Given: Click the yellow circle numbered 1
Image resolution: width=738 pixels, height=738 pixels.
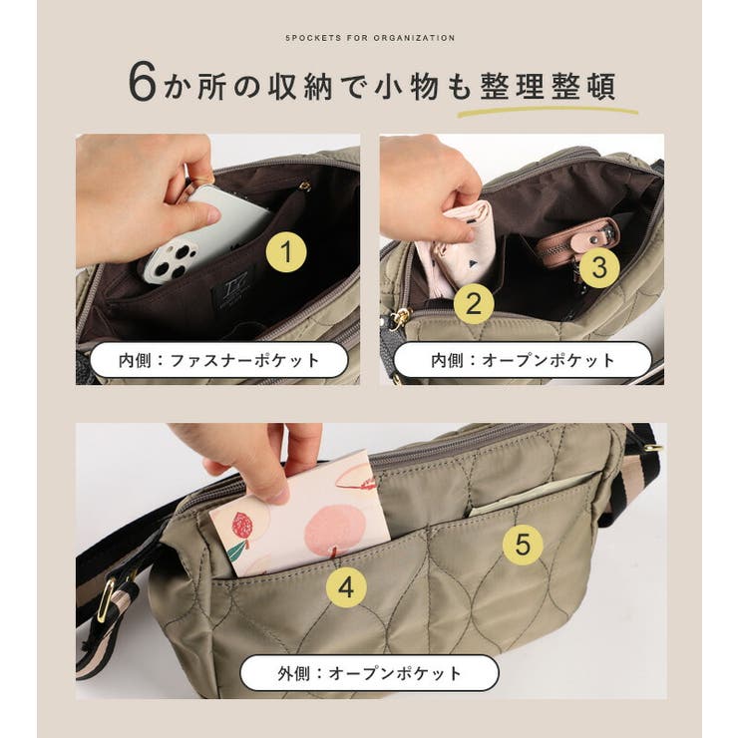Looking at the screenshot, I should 286,255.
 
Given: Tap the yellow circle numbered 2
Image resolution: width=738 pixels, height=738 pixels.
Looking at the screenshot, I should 474,300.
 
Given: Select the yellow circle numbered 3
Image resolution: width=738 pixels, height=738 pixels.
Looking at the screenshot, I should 599,267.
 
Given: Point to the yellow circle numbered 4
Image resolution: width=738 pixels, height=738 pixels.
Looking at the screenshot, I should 346,587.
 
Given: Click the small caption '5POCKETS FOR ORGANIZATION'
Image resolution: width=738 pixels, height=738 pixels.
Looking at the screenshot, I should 369,38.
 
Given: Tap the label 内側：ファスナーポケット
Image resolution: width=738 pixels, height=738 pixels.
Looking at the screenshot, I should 218,360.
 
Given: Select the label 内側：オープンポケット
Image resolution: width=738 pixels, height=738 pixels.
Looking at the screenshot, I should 523,360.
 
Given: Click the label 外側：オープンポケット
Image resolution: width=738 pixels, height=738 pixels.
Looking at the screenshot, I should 369,673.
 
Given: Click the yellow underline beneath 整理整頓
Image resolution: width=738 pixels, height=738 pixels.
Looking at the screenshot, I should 548,109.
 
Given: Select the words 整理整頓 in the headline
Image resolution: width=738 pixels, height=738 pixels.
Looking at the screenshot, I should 548,84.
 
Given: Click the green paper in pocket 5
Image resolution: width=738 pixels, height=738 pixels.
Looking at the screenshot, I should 529,499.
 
